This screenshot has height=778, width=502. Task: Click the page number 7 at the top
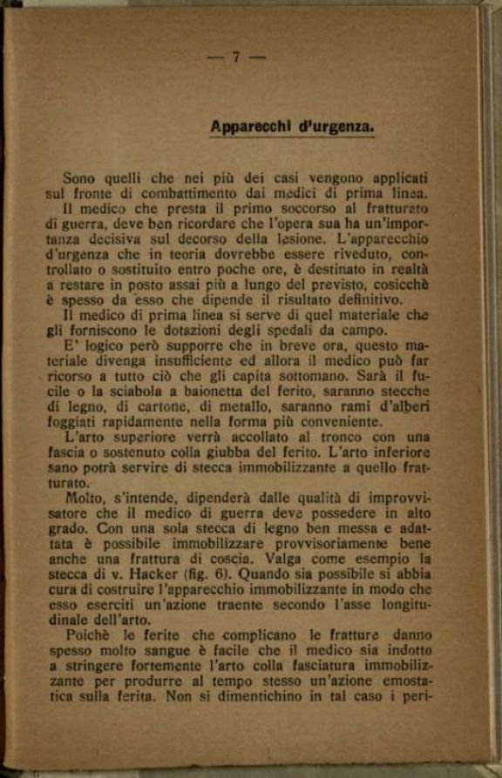pyautogui.click(x=236, y=57)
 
